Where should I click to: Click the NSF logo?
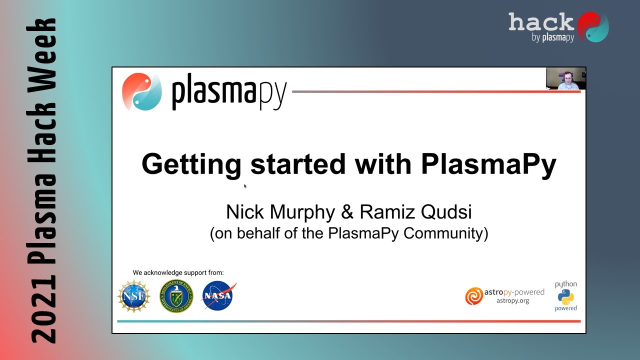coord(134,296)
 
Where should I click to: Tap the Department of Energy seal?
coord(176,296)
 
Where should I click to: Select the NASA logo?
coord(218,295)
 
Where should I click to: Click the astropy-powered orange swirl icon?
coord(473,296)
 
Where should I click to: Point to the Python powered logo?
coord(565,296)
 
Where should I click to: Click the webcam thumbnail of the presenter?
coord(565,78)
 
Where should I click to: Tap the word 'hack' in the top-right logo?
coord(541,22)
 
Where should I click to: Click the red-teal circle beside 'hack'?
coord(593,27)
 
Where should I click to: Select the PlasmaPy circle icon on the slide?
coord(142,92)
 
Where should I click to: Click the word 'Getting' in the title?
coord(191,164)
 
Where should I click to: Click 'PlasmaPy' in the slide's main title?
coord(488,164)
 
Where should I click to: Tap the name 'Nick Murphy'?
coord(280,212)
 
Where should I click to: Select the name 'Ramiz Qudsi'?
coord(415,212)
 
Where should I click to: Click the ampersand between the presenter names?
coord(347,212)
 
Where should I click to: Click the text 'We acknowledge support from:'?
coord(178,272)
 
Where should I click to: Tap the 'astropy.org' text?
coord(512,300)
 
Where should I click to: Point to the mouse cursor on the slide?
coord(245,186)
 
